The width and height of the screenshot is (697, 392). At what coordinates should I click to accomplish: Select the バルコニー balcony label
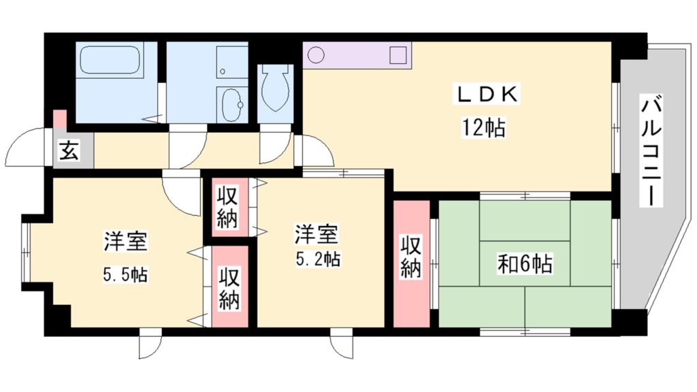(651, 151)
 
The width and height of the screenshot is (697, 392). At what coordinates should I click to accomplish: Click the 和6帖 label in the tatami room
(525, 263)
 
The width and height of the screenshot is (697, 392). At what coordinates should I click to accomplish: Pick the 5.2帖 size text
(317, 259)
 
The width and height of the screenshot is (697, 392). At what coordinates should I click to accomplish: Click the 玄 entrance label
(67, 150)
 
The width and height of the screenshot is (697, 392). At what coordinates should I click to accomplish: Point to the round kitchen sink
(316, 55)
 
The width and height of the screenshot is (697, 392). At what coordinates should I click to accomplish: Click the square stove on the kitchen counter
(398, 55)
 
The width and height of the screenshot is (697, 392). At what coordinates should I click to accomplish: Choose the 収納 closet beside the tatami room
(410, 257)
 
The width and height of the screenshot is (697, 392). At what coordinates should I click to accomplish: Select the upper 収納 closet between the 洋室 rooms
(228, 207)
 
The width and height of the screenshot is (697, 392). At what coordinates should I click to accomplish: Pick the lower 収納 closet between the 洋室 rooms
(229, 288)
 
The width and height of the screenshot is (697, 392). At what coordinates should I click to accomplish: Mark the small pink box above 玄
(61, 119)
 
